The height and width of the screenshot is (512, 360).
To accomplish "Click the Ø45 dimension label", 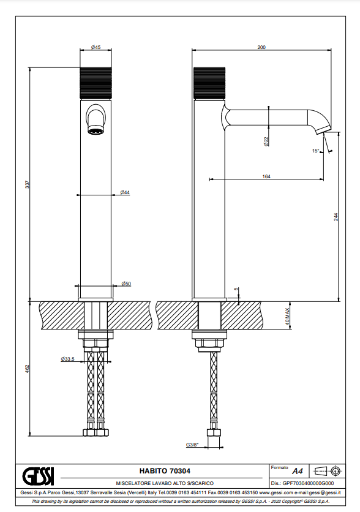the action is pos(96,47).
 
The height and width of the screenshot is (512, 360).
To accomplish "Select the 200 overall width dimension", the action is pos(261,47).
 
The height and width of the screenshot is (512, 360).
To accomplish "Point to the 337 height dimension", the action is pos(28,184).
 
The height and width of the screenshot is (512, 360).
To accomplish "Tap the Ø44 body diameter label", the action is pos(125,192).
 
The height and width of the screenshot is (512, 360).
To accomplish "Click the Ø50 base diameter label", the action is pos(126,284).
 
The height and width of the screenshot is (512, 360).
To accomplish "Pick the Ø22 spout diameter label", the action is pos(266,141).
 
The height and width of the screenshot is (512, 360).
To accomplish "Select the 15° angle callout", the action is pos(315,151).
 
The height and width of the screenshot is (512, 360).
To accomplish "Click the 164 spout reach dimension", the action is pos(266,176).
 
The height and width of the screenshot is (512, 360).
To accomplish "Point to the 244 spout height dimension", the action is pos(336,217).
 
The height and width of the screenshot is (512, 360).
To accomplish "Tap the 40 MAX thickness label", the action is pos(287,317).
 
